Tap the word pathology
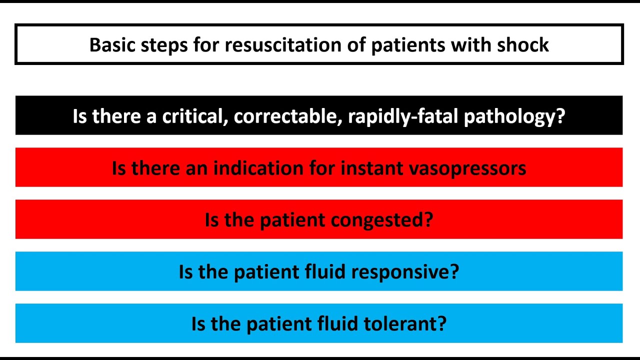[509, 117]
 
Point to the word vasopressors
[468, 168]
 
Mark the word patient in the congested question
[282, 220]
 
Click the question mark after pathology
[560, 116]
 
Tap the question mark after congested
[428, 220]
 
